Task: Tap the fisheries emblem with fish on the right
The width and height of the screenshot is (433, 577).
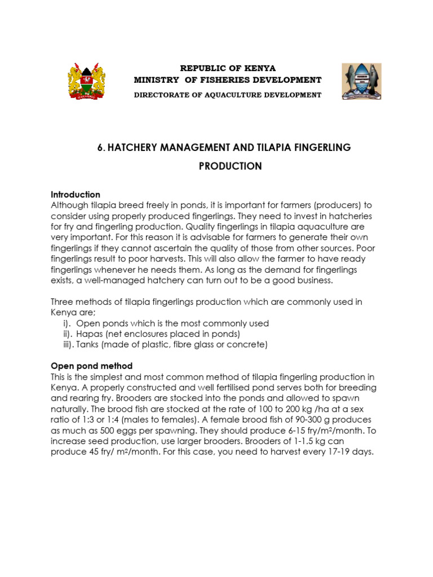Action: [x=361, y=82]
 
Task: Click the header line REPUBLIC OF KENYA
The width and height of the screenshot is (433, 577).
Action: [x=227, y=68]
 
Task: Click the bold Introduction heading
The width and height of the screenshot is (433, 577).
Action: [x=76, y=194]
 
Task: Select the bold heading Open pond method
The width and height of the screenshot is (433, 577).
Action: [x=91, y=366]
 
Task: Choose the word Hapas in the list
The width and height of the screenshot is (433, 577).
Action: [x=89, y=334]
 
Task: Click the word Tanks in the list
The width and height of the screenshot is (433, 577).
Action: [x=87, y=344]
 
